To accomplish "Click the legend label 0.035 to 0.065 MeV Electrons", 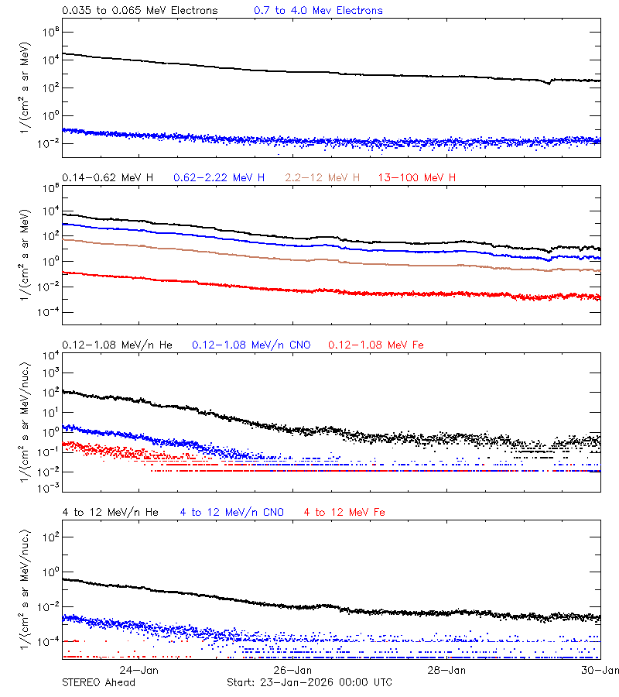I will click(x=140, y=11).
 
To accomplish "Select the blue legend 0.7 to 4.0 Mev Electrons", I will click(x=318, y=11).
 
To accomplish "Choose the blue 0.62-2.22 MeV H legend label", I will click(x=220, y=178).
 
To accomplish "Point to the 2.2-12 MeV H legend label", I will click(x=323, y=178).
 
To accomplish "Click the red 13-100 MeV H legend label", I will click(x=417, y=178).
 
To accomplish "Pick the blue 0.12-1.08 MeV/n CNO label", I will click(x=251, y=345).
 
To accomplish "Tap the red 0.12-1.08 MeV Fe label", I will click(x=376, y=345).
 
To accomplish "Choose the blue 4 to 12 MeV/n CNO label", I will click(x=232, y=513).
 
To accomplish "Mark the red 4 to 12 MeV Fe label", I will click(x=344, y=513).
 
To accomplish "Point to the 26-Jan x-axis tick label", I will click(x=293, y=670).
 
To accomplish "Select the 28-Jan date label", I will click(x=447, y=670).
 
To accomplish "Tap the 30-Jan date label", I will click(x=600, y=670).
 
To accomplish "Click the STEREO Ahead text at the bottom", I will click(x=98, y=682).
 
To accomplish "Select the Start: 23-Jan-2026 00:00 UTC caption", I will click(x=309, y=682).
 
